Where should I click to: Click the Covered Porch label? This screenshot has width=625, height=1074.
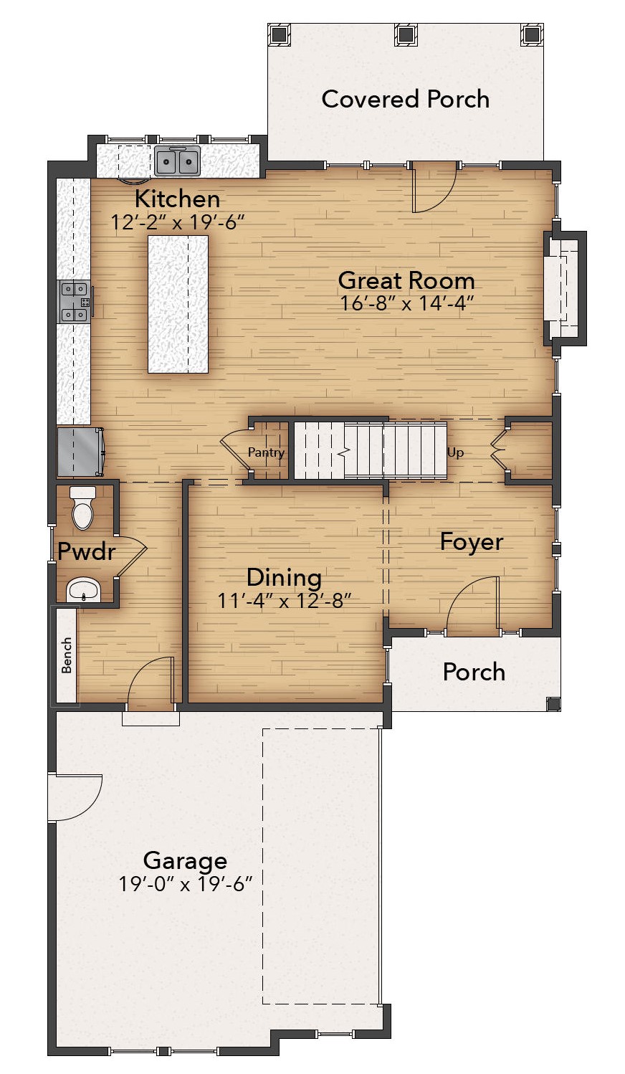coord(406,99)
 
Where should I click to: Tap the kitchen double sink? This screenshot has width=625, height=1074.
coord(177,161)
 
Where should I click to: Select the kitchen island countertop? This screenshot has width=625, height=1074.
coord(178,304)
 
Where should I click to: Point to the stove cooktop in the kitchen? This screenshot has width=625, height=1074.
coord(75,302)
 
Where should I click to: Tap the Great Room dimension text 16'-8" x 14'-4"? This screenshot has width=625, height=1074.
coord(407,303)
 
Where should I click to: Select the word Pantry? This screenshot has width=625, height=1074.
coord(266,452)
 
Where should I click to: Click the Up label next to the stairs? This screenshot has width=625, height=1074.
coord(455,452)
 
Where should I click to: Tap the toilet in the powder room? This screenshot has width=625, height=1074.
coord(83,508)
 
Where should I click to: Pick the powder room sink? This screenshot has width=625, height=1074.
coord(83,589)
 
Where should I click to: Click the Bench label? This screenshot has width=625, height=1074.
coord(66,655)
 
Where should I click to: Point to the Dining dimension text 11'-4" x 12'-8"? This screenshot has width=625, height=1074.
coord(285,600)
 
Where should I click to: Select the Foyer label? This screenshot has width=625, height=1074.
coord(472,542)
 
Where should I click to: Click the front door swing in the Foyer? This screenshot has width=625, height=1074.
coord(474,605)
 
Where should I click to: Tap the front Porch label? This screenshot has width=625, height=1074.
coord(474,672)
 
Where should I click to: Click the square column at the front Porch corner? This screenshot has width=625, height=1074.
coord(553,704)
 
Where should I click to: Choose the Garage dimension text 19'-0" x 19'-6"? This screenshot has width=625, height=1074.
coord(185,884)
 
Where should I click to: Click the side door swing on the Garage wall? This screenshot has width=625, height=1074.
coord(75,797)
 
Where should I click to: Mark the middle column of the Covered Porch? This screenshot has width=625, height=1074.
coord(406,34)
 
